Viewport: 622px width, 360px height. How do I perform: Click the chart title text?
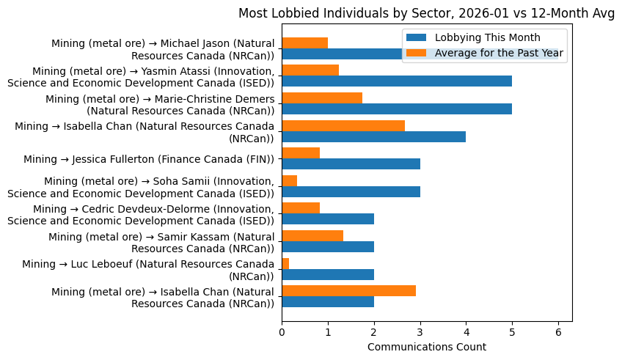(426, 12)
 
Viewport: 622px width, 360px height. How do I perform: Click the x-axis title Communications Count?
(426, 346)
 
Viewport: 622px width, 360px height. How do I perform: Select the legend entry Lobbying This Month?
(487, 37)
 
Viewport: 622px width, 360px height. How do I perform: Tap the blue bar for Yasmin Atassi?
(397, 81)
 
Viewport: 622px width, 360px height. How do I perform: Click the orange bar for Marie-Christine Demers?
(322, 98)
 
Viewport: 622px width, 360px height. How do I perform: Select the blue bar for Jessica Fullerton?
(351, 164)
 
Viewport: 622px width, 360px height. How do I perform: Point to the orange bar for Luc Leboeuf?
(285, 264)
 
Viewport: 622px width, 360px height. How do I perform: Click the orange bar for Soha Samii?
(289, 181)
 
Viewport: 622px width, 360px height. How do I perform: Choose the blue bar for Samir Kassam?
(328, 247)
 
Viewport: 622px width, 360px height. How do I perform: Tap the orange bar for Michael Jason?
(304, 43)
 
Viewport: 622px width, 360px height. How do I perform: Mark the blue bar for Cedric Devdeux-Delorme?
(328, 219)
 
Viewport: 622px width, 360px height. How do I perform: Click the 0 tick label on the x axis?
(282, 331)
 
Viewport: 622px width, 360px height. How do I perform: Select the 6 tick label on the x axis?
(558, 331)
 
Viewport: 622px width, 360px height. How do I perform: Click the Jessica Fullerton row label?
(149, 159)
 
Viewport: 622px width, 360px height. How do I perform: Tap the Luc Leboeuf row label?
(148, 270)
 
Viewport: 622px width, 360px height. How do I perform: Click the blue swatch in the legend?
(417, 37)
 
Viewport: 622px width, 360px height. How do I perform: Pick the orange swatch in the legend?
(417, 53)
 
